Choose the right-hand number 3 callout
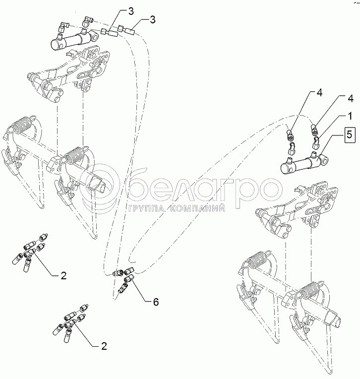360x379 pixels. [x=152, y=19]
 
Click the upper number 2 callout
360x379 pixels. [x=63, y=276]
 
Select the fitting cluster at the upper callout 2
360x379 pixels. [x=30, y=251]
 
